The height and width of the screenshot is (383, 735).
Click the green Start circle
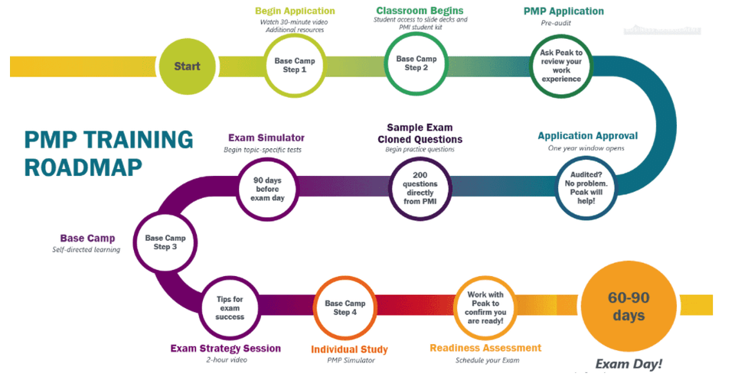(187, 66)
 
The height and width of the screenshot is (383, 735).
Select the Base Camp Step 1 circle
(295, 65)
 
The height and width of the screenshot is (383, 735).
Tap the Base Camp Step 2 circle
(416, 63)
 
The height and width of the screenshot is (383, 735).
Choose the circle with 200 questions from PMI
(420, 189)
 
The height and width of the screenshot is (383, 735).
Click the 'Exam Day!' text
(629, 363)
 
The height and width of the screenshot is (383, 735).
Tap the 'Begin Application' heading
(295, 11)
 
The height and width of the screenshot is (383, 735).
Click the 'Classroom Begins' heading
(420, 11)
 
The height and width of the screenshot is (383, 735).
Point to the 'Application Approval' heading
(587, 136)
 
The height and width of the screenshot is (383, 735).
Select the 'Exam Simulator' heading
(266, 138)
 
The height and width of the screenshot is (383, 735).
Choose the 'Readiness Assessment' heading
(485, 348)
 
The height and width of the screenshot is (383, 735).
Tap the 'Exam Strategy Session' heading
(225, 348)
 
